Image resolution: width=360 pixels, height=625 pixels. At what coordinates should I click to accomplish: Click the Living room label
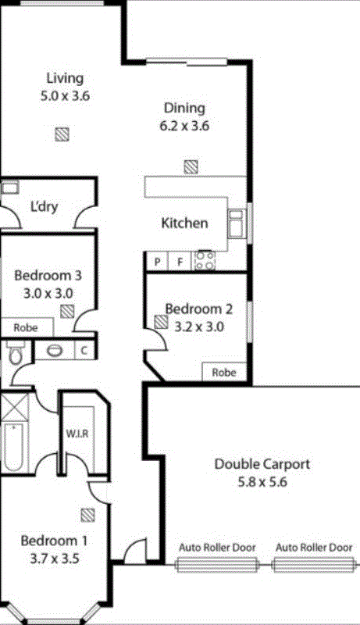pyautogui.click(x=64, y=78)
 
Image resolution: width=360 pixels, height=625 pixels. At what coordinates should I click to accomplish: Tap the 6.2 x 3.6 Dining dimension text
pyautogui.click(x=184, y=125)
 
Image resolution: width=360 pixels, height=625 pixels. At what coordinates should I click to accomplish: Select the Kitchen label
pyautogui.click(x=184, y=223)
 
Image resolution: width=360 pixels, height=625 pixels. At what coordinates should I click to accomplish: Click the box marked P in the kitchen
pyautogui.click(x=157, y=262)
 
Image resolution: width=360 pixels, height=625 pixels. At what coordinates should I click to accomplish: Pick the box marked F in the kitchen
pyautogui.click(x=180, y=262)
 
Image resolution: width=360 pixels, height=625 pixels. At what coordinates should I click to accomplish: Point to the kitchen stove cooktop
pyautogui.click(x=205, y=260)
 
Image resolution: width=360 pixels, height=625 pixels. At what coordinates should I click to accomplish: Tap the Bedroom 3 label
pyautogui.click(x=48, y=276)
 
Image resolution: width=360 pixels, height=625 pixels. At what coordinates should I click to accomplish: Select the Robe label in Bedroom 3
pyautogui.click(x=26, y=327)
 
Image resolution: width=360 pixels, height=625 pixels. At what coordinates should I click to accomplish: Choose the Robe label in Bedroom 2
pyautogui.click(x=224, y=373)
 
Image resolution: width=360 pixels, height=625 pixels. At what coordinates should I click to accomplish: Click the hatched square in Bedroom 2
pyautogui.click(x=161, y=320)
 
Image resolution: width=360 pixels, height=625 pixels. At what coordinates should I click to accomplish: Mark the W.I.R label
pyautogui.click(x=76, y=433)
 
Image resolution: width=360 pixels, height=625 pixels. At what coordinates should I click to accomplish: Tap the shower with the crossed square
pyautogui.click(x=13, y=406)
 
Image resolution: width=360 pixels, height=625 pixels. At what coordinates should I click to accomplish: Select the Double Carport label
pyautogui.click(x=262, y=465)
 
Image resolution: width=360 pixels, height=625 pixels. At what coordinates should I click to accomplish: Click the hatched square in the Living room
pyautogui.click(x=62, y=134)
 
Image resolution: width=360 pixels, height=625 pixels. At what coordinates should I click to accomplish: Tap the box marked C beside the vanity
pyautogui.click(x=84, y=351)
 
